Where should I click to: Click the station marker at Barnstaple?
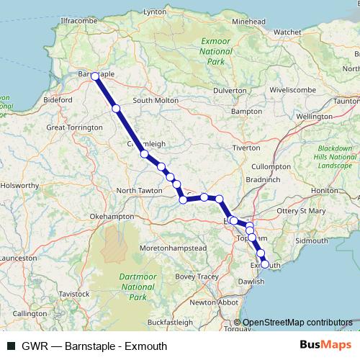tap(95, 76)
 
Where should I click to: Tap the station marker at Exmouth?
tap(265, 264)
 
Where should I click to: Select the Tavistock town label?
tap(74, 294)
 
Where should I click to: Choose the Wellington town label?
tap(314, 116)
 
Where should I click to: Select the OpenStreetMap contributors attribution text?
tap(297, 323)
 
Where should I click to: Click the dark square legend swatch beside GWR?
tap(11, 346)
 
